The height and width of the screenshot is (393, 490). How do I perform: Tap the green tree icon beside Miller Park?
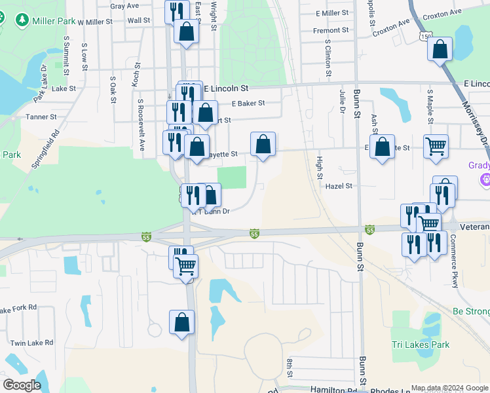click(x=22, y=22)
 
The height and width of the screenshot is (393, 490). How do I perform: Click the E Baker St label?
click(x=248, y=103)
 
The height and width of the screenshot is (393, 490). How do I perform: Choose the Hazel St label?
click(x=339, y=186)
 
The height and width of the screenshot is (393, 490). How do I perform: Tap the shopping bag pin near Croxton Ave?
click(x=440, y=49)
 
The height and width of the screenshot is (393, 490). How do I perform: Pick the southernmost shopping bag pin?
click(x=181, y=322)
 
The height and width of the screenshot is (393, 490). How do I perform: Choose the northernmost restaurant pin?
click(x=176, y=11)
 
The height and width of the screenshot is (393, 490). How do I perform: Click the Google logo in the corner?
click(x=21, y=385)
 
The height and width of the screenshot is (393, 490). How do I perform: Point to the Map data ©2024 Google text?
click(x=449, y=388)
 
